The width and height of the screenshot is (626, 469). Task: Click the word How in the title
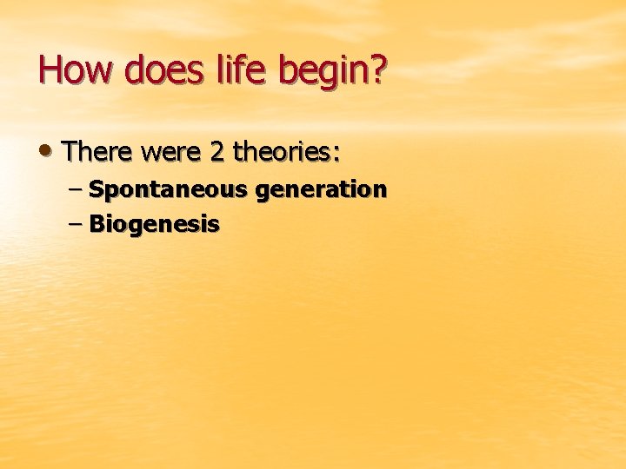76,70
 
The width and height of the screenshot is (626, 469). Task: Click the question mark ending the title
376,70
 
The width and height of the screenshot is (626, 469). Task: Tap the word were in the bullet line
172,154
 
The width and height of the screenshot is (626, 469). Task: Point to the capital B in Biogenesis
97,225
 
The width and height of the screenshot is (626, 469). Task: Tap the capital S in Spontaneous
96,188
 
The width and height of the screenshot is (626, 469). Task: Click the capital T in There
70,153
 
